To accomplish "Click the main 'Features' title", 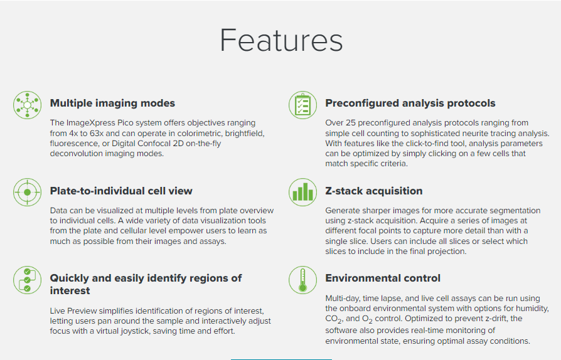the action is click(281, 40).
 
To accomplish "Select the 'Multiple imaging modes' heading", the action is click(112, 103).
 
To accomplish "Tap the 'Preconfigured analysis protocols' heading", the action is click(410, 103).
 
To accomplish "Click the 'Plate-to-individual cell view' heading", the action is click(121, 191).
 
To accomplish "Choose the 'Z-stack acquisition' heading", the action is click(373, 191).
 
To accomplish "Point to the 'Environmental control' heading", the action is click(382, 278).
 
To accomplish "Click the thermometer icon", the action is click(302, 280).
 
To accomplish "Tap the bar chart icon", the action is click(302, 193).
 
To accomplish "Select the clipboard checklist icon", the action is click(302, 105).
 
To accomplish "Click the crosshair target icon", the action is click(27, 193).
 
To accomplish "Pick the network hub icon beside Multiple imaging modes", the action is click(27, 105).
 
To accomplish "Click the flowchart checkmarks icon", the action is click(27, 280).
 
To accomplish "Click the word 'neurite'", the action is click(470, 134).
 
